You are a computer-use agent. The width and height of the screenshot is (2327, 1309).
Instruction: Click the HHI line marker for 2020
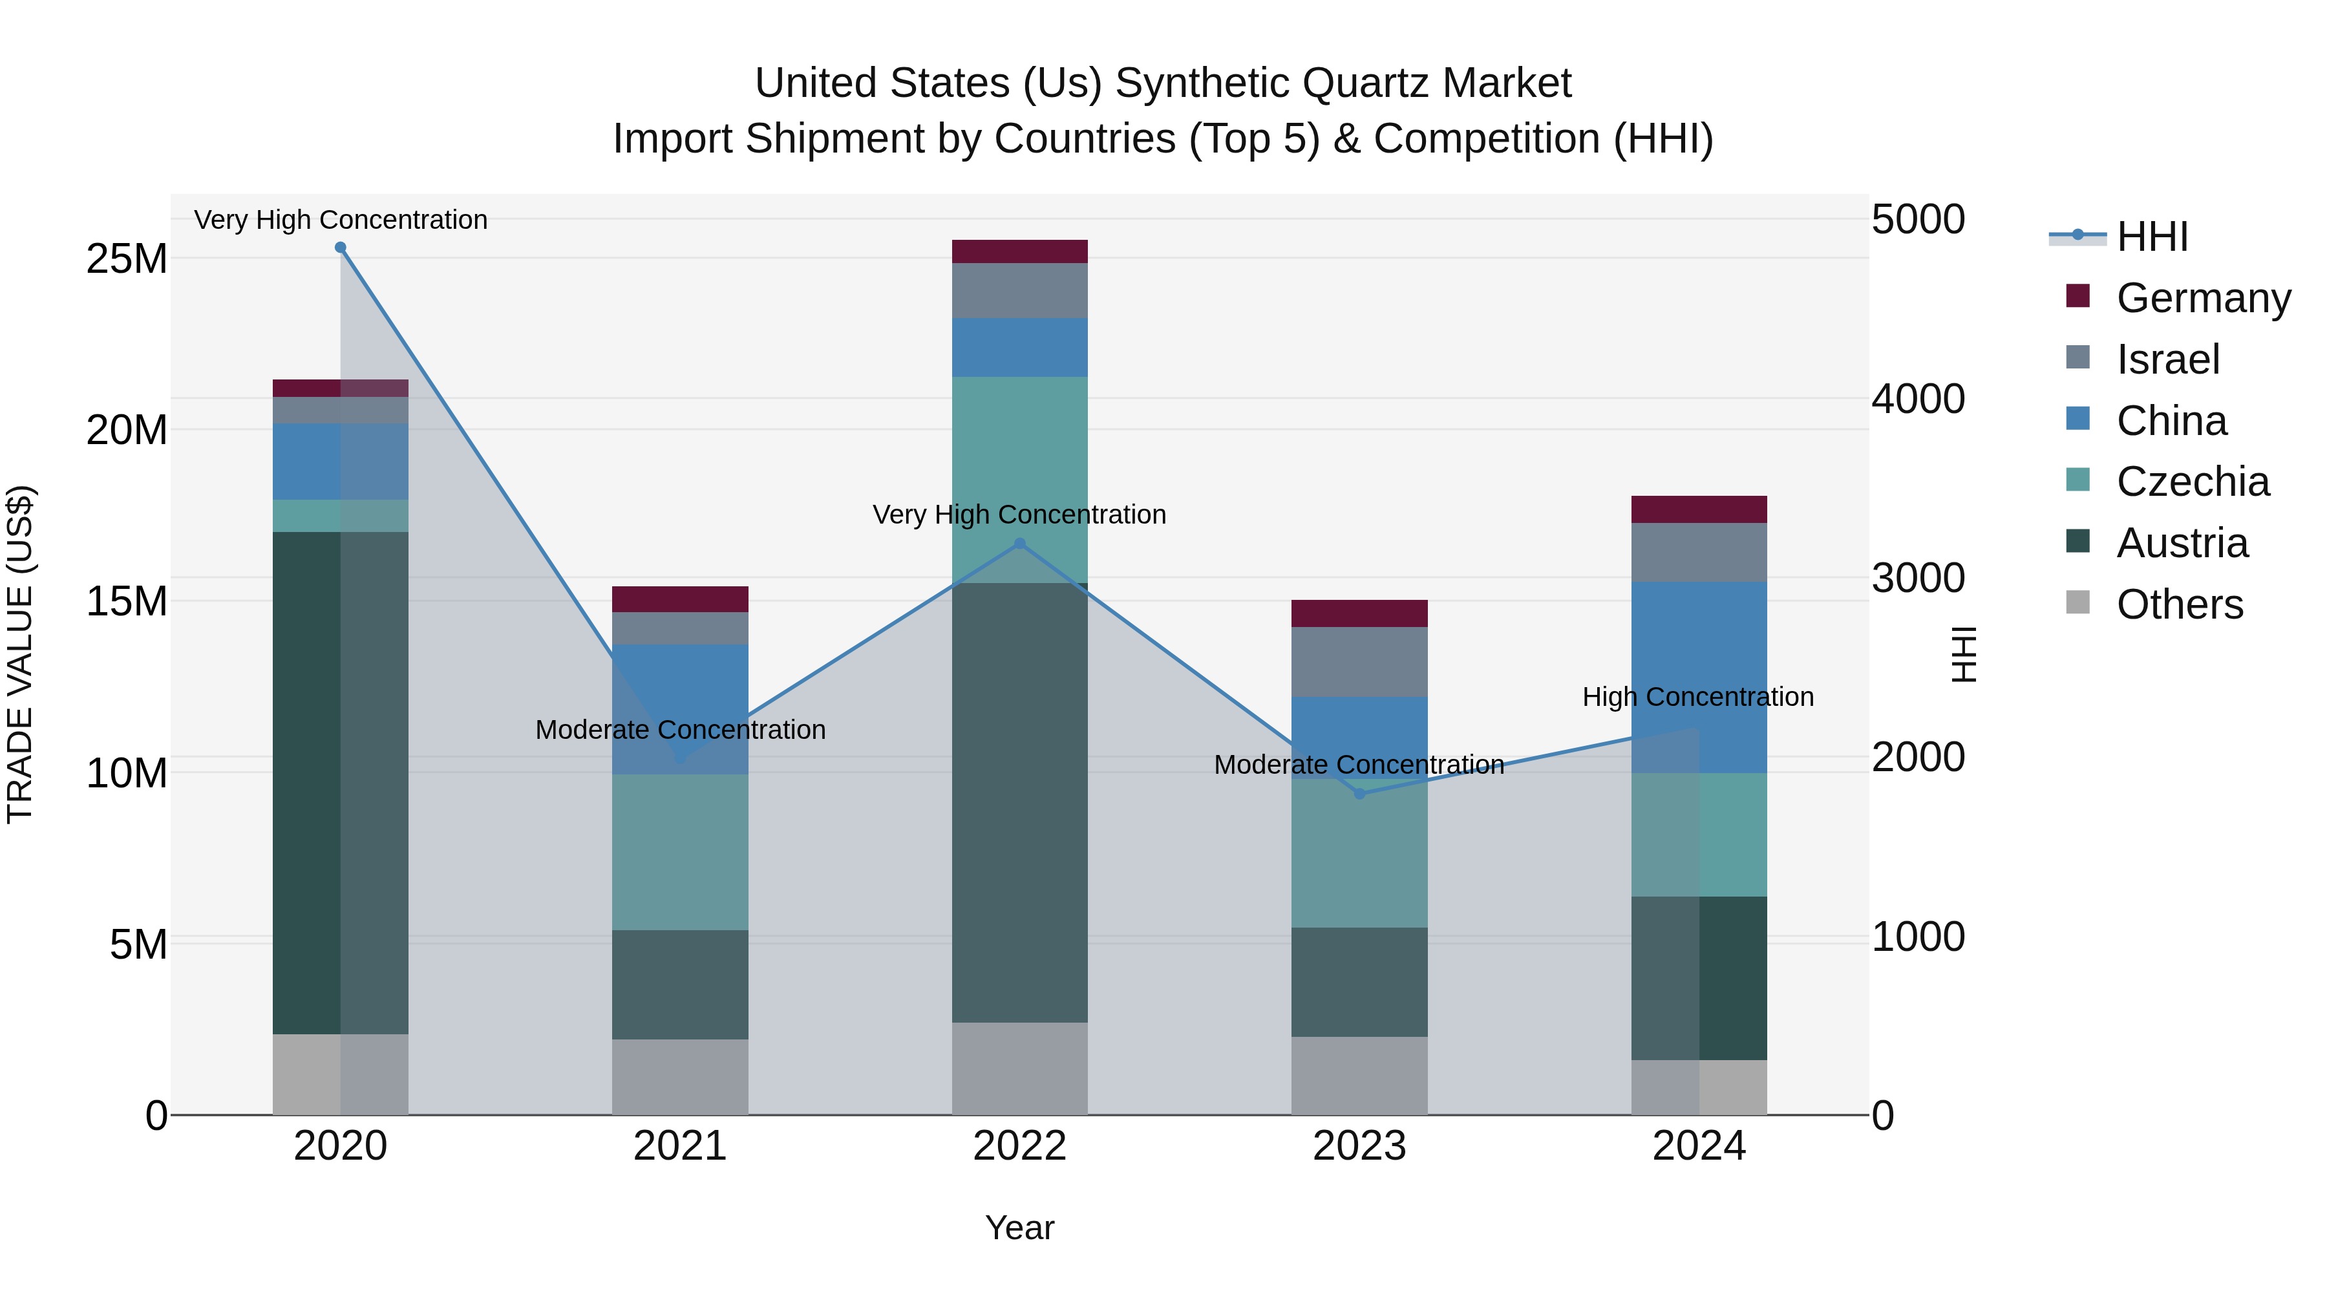pyautogui.click(x=341, y=248)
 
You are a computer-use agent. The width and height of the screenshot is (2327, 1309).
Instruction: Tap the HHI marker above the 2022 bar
pyautogui.click(x=1020, y=544)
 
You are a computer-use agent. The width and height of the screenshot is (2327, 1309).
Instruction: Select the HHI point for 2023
pyautogui.click(x=1359, y=794)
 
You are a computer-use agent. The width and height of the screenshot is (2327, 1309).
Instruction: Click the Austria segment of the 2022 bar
pyautogui.click(x=1020, y=804)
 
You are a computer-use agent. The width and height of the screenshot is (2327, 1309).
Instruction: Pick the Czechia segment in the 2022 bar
pyautogui.click(x=1020, y=479)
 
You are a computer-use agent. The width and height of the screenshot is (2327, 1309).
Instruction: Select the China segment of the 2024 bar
pyautogui.click(x=1699, y=677)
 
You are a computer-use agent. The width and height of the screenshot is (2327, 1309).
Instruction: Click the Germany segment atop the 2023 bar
pyautogui.click(x=1359, y=613)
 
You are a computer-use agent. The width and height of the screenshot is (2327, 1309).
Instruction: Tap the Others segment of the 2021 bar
pyautogui.click(x=680, y=1077)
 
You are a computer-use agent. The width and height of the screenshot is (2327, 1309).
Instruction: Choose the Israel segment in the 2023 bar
pyautogui.click(x=1359, y=662)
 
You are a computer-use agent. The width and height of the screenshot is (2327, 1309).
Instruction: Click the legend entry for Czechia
pyautogui.click(x=2193, y=482)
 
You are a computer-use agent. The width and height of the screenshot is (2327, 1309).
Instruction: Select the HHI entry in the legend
pyautogui.click(x=2152, y=237)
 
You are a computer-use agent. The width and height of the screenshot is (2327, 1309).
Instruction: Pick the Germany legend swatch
pyautogui.click(x=2077, y=296)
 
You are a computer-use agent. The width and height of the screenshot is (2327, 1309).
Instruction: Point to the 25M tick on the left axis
pyautogui.click(x=127, y=259)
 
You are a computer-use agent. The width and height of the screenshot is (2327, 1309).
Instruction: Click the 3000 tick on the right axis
pyautogui.click(x=1918, y=578)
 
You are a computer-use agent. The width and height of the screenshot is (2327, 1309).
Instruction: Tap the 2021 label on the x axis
pyautogui.click(x=680, y=1146)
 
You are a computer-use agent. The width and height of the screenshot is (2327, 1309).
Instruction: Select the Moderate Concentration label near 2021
pyautogui.click(x=680, y=730)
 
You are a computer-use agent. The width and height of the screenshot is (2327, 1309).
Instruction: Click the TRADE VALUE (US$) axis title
pyautogui.click(x=20, y=654)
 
